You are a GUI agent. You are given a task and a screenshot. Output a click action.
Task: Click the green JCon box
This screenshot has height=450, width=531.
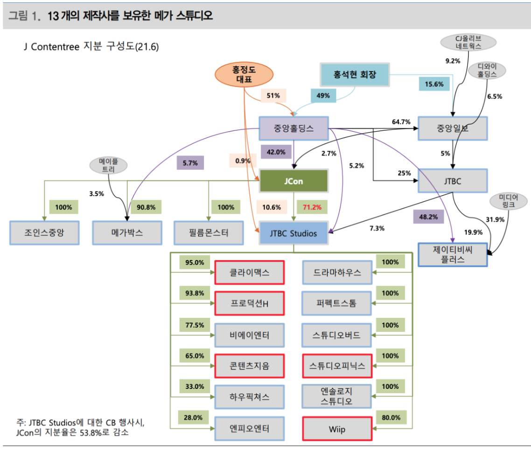293,181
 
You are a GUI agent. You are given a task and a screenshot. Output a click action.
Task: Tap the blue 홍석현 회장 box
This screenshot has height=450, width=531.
355,74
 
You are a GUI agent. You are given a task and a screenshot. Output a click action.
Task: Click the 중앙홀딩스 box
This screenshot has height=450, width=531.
293,128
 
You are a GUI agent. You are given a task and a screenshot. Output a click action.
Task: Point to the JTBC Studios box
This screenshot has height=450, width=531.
293,233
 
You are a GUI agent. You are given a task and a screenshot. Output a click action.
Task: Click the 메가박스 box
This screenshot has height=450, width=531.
127,233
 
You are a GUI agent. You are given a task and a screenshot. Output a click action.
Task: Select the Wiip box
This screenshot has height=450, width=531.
337,429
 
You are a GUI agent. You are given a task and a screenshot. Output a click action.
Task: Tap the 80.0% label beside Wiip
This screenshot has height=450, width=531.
390,417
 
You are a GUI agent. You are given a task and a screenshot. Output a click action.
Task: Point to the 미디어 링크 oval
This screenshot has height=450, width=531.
508,201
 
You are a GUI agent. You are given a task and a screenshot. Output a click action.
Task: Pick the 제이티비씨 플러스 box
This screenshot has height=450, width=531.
453,254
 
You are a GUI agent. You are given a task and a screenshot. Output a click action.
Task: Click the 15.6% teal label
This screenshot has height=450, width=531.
434,84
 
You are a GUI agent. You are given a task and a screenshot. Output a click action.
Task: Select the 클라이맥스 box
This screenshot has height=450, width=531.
250,272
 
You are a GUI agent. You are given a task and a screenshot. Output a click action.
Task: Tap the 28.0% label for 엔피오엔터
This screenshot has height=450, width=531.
193,417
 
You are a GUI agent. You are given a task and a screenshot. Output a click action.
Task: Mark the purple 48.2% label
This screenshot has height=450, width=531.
429,217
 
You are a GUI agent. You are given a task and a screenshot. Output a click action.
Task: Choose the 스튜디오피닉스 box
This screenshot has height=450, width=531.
337,366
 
